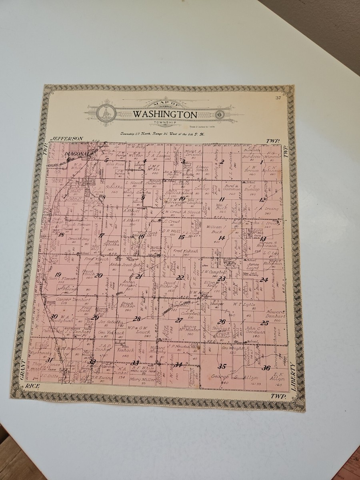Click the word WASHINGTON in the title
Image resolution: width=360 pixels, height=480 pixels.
[165, 114]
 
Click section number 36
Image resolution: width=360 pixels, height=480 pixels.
[266, 368]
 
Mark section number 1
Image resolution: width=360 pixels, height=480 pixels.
[262, 162]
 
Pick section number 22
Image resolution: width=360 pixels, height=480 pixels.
[180, 277]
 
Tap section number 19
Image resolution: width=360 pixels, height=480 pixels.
[58, 274]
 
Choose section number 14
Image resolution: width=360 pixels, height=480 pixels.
[222, 238]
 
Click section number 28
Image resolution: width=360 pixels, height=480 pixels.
[137, 319]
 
